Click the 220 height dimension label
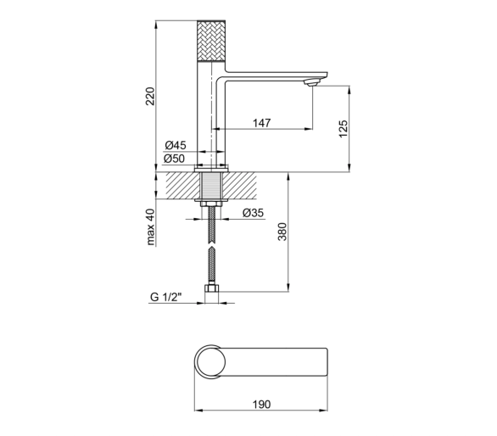[x=150, y=96]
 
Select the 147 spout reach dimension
[x=262, y=123]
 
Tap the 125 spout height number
[x=343, y=129]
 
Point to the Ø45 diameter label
[x=176, y=146]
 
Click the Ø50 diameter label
[x=174, y=159]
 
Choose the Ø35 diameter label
[x=253, y=213]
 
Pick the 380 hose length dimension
[x=282, y=232]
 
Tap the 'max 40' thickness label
[x=151, y=227]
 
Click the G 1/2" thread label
[x=166, y=297]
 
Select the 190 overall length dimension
[x=262, y=405]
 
